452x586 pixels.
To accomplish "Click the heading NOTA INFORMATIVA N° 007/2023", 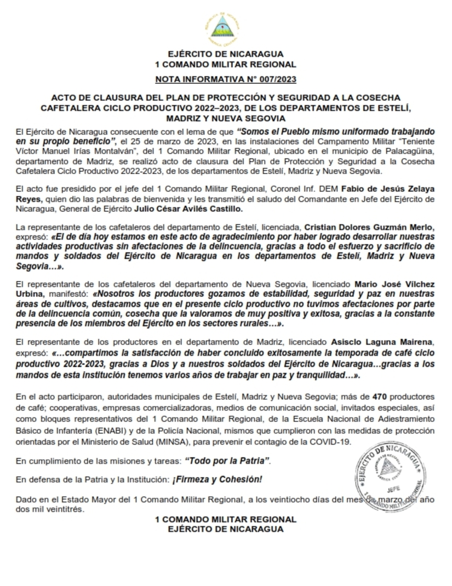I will [x=226, y=79].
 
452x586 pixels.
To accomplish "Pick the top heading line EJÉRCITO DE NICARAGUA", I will [x=226, y=54].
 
